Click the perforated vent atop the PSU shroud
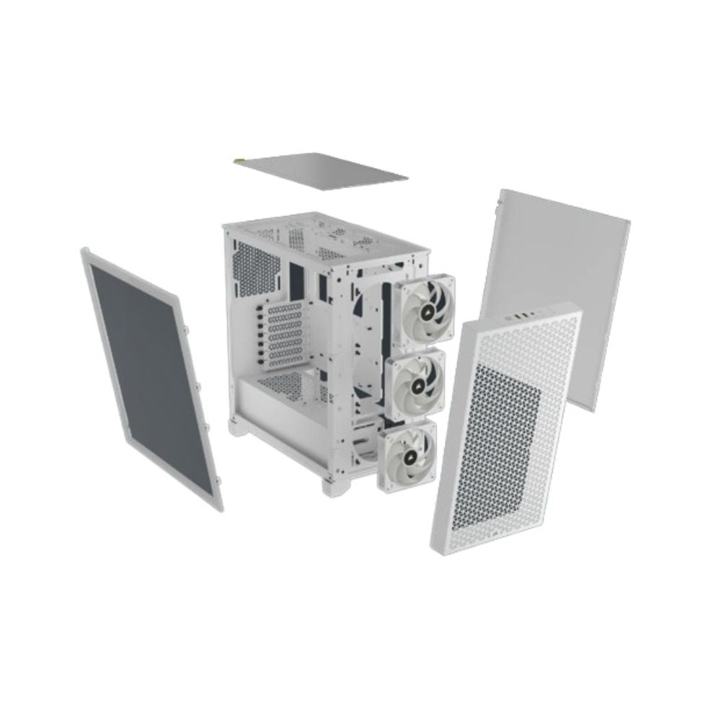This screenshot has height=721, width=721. click(x=285, y=382)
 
